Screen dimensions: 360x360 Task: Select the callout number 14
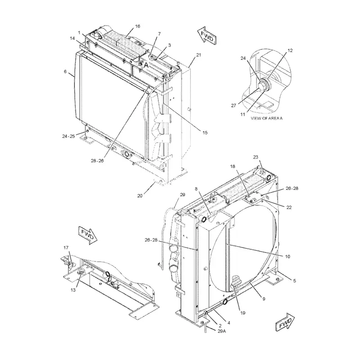coord(72,39)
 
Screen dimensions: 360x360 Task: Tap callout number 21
coord(198,55)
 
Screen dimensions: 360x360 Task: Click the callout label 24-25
coord(68,135)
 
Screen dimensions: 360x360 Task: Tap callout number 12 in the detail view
coord(290,50)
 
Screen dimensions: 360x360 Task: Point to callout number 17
coord(66,247)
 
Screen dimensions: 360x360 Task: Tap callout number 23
coord(256,157)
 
